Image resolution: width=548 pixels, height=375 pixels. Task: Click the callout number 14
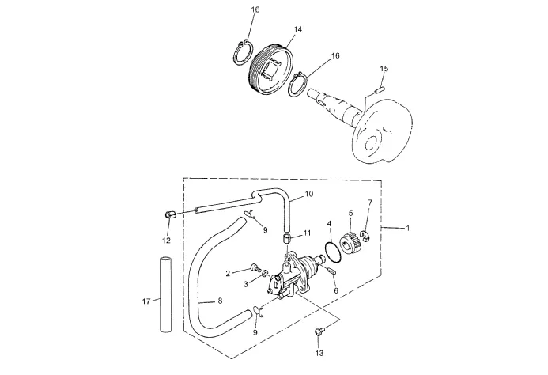tap(297, 30)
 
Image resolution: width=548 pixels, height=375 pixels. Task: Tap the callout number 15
tap(384, 69)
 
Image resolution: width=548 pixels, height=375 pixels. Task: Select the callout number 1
tap(407, 228)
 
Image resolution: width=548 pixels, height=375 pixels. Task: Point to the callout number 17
tap(146, 301)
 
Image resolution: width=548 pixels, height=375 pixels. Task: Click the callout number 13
tap(319, 353)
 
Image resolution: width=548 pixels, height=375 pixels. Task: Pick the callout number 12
tap(166, 241)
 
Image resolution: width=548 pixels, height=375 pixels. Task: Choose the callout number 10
tap(309, 194)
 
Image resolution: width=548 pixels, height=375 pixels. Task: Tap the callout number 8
tap(220, 301)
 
